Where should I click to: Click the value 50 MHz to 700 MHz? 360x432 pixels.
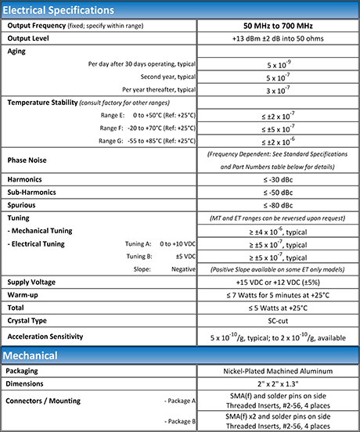coord(278,26)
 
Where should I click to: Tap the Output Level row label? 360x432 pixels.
coord(32,37)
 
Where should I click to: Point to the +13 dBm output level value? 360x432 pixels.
coord(278,37)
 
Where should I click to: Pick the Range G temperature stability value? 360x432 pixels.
coord(278,142)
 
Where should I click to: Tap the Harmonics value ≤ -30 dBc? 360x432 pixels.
coord(278,179)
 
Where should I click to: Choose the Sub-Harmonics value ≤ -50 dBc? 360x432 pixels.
coord(278,192)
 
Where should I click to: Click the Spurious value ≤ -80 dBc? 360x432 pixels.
coord(278,204)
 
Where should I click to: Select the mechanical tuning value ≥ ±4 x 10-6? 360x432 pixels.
coord(278,231)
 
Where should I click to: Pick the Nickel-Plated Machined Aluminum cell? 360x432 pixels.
coord(278,370)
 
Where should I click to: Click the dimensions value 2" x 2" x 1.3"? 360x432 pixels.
coord(278,384)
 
